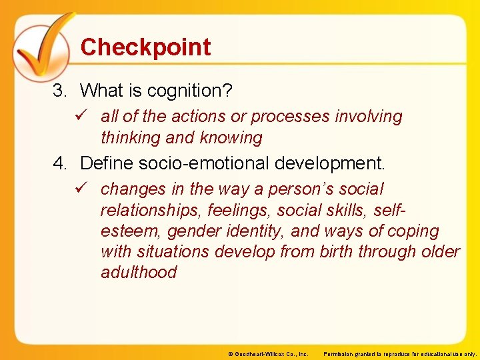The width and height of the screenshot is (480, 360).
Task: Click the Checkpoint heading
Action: coord(145,47)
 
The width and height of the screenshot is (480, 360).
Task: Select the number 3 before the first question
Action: coord(59,90)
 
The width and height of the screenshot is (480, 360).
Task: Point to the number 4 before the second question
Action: coord(59,163)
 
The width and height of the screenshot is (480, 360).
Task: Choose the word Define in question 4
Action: coord(105,163)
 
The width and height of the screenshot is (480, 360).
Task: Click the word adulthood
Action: coord(139,273)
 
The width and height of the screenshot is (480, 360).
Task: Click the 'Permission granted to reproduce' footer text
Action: coord(400,353)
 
